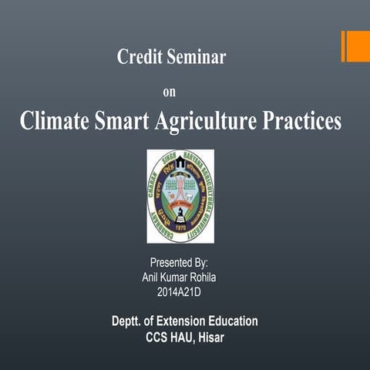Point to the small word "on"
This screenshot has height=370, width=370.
click(170, 92)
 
